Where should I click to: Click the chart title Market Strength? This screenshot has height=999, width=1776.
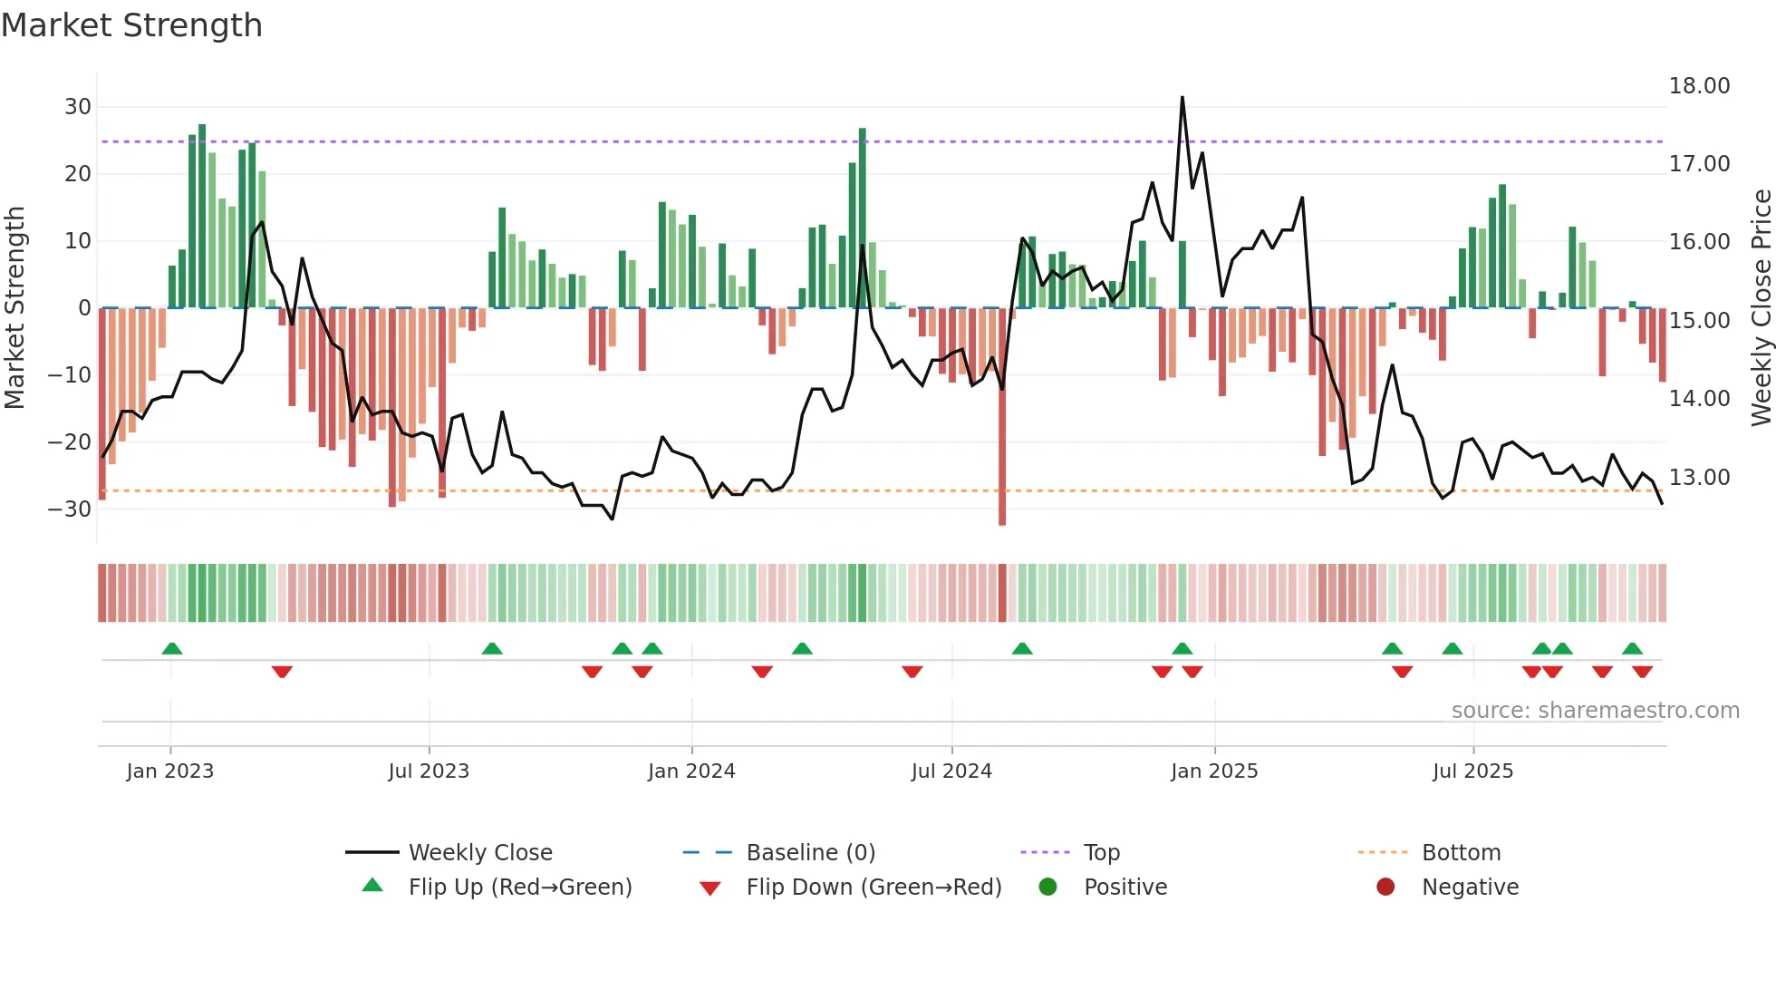tap(131, 25)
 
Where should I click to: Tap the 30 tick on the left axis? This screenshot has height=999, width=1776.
tap(78, 107)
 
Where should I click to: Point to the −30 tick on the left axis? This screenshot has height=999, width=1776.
tap(71, 509)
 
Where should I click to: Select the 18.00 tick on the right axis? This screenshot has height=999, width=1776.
tap(1699, 86)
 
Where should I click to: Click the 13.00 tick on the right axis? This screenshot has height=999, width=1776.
tap(1699, 478)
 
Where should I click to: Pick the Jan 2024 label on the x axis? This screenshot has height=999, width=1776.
tap(691, 771)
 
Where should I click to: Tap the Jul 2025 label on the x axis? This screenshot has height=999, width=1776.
tap(1472, 771)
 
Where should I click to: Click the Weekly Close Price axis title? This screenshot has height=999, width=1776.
tap(1761, 308)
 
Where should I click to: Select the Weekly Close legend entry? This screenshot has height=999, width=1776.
tap(479, 853)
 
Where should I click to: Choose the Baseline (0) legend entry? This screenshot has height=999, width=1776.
tap(810, 853)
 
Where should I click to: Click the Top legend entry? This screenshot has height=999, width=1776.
tap(1101, 853)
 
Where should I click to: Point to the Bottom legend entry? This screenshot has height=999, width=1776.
tap(1461, 853)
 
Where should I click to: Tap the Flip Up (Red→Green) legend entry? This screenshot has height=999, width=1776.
tap(519, 887)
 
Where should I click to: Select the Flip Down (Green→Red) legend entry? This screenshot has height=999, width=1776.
tap(874, 887)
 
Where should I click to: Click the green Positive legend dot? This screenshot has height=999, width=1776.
tap(1048, 887)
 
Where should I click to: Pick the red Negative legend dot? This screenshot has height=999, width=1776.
tap(1385, 887)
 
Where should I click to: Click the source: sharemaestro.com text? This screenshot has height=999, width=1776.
tap(1595, 711)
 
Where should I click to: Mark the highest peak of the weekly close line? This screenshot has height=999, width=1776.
tap(1182, 98)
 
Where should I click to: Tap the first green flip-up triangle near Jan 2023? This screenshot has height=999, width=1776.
tap(172, 648)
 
